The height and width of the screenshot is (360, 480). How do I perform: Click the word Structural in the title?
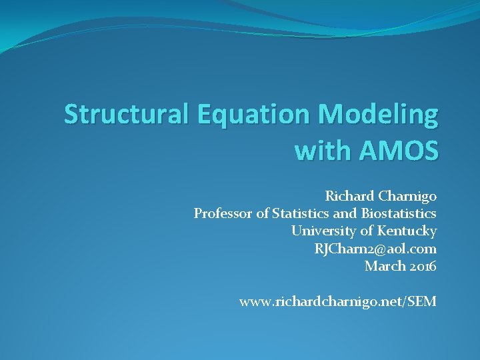126,114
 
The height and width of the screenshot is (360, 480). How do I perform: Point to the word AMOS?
399,150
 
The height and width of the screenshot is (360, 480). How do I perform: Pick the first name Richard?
349,196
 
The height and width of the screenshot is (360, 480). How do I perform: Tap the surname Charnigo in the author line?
407,197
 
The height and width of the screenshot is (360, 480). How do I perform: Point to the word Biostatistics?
399,213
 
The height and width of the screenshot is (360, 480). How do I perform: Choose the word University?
323,231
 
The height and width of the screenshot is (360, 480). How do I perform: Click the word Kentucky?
407,231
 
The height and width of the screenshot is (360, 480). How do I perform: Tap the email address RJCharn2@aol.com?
375,249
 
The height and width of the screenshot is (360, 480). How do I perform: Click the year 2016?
423,266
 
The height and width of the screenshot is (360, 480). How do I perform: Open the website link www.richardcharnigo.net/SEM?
338,302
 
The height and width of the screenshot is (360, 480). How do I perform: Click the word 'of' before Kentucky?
367,231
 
